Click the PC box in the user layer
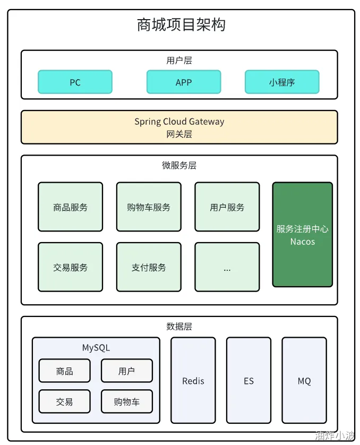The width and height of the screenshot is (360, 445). (75, 82)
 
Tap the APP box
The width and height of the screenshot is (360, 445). (184, 82)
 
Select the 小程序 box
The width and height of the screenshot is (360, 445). (282, 82)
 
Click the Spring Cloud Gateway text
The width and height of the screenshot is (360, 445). (179, 122)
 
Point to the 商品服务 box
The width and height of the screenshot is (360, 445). (71, 207)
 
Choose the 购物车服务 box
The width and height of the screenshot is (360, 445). (149, 207)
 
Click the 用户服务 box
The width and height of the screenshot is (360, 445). (227, 207)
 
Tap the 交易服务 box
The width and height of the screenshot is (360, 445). (71, 267)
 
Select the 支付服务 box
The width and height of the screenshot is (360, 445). (149, 267)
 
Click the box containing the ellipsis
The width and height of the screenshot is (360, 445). (227, 267)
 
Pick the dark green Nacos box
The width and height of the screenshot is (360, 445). (303, 235)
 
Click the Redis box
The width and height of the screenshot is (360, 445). (193, 380)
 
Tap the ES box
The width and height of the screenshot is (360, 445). (249, 380)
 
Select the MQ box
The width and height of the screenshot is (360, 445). (304, 380)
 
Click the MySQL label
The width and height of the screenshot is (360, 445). (96, 348)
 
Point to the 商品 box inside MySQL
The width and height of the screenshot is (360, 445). (65, 371)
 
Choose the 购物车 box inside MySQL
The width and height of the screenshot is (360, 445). (127, 401)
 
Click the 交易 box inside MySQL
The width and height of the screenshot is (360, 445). (65, 401)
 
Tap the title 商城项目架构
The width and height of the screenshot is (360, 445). (181, 24)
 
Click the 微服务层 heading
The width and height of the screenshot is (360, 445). (179, 165)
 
